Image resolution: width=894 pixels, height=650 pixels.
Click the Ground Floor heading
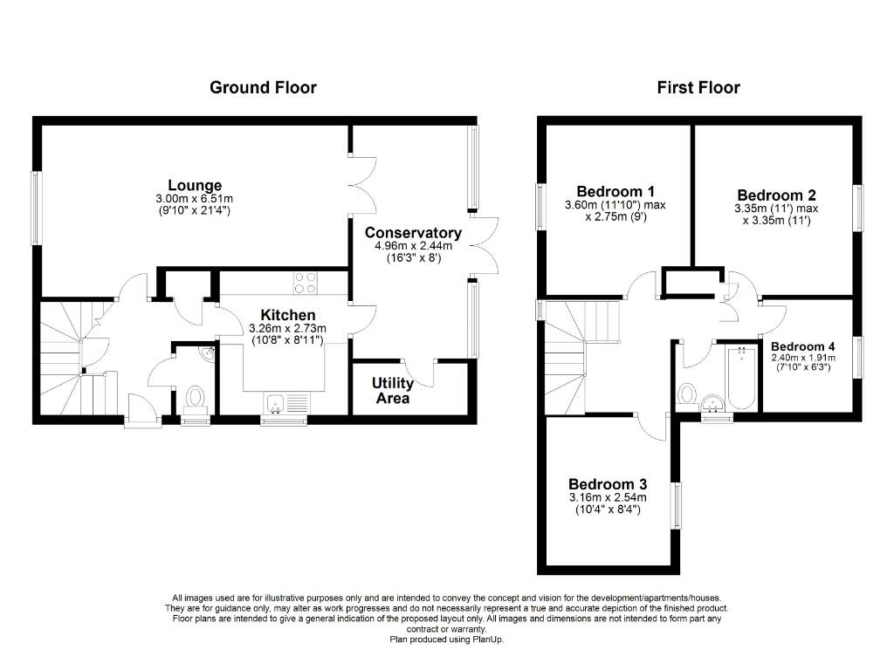point(263,87)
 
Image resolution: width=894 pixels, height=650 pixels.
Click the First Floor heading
point(698,87)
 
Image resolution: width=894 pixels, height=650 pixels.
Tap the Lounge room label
point(195,185)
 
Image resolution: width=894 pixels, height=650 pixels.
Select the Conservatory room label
point(413,233)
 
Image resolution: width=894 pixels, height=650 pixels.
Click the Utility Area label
point(393,390)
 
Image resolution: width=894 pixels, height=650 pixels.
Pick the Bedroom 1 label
point(615,191)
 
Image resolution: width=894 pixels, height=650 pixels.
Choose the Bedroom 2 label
point(776,195)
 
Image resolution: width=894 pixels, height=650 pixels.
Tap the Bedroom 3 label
point(608,484)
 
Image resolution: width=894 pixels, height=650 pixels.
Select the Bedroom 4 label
point(802,346)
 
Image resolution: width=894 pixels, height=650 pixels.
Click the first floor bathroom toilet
point(687,392)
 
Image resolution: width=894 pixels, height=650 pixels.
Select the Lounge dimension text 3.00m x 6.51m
point(195,199)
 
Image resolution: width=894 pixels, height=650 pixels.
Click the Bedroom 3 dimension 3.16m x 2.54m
point(608,498)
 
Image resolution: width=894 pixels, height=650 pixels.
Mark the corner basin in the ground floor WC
point(207,353)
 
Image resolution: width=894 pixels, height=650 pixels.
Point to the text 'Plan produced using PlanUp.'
point(446,640)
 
